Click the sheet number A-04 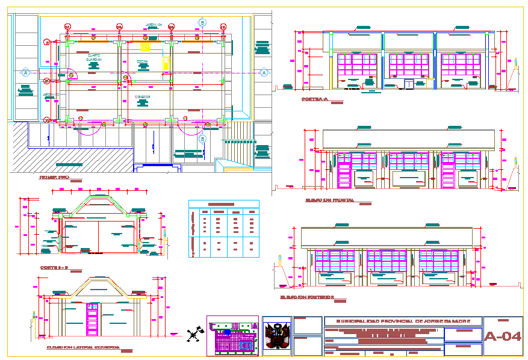503,337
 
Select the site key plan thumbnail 233,337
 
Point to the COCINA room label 142,61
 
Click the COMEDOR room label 142,96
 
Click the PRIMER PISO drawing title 54,178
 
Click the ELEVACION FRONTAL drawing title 329,200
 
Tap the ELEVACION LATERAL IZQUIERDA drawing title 82,347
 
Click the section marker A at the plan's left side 25,72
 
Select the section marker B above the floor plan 202,22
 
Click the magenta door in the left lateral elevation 92,317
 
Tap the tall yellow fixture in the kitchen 165,63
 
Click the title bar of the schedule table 224,203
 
